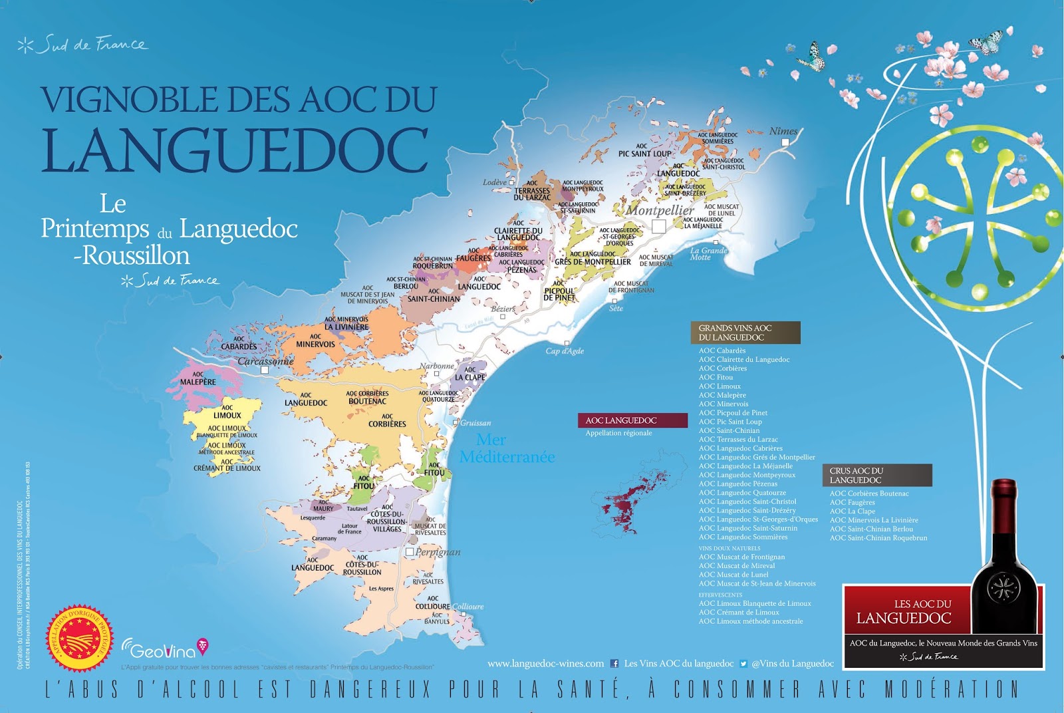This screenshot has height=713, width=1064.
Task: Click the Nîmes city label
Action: [x=783, y=131]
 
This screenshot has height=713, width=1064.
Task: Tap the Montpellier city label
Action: [x=660, y=210]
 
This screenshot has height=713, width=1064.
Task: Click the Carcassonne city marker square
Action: [x=265, y=370]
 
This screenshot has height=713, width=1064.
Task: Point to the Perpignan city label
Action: [x=438, y=552]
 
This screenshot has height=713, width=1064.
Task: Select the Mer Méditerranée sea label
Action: [x=506, y=448]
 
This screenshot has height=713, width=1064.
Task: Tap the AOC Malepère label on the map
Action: [x=198, y=378]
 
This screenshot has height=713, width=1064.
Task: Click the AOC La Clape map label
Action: [x=469, y=374]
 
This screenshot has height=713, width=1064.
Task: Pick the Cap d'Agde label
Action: [x=564, y=351]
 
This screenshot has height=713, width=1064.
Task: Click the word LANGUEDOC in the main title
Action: [x=235, y=150]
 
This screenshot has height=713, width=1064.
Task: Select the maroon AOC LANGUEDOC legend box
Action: [x=632, y=420]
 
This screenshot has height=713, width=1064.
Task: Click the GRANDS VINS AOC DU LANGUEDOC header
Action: [x=745, y=333]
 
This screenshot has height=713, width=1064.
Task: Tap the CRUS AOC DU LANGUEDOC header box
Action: [x=876, y=475]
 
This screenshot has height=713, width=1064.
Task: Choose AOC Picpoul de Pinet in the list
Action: [x=732, y=412]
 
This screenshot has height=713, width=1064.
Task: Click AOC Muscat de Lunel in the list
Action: [x=733, y=575]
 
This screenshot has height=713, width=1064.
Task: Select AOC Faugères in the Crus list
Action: [x=852, y=502]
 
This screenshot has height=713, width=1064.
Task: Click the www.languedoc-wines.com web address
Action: [x=545, y=663]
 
